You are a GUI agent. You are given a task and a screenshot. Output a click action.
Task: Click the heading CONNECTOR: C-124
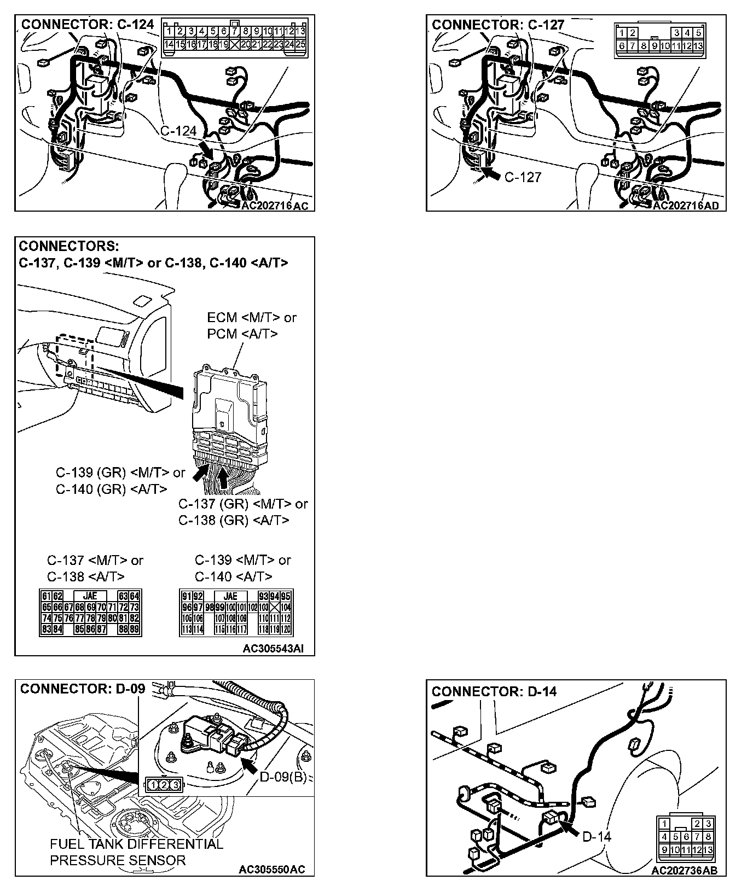(88, 25)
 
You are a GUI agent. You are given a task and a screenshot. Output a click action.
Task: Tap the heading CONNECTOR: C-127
(498, 25)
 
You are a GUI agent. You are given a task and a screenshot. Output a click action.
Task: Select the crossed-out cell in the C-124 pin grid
(235, 44)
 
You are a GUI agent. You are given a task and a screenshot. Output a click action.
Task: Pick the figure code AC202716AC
(275, 206)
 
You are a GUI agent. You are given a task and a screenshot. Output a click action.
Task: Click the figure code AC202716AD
(686, 206)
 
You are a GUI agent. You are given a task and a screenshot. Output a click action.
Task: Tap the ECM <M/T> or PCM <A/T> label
(251, 325)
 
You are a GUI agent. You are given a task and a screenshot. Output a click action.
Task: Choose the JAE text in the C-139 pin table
(230, 596)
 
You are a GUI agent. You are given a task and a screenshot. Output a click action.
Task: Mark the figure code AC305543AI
(273, 649)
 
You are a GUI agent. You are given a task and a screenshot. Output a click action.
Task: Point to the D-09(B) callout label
(282, 777)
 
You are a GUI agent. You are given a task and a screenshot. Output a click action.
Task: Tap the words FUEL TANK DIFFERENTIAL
(136, 844)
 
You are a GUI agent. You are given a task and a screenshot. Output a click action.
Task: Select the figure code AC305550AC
(272, 870)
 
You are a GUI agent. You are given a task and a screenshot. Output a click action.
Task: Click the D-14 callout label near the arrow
(596, 836)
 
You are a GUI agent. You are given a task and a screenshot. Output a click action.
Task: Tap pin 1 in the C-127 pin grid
(622, 33)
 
